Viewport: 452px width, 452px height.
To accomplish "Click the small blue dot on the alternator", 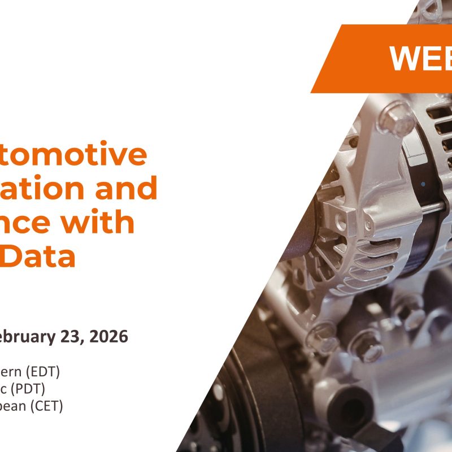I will [423, 184].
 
